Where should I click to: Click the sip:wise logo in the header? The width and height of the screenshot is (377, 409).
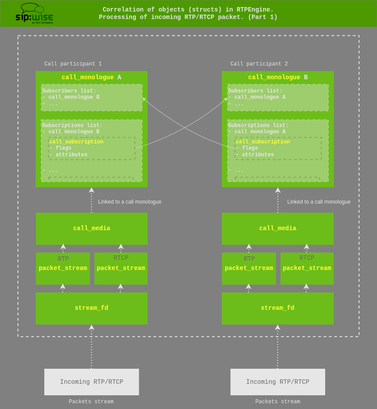tap(35, 13)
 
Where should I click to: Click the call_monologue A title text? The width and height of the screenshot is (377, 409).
tap(91, 77)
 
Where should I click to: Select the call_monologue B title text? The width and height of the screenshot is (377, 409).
tap(278, 77)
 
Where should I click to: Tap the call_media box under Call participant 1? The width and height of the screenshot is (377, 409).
tap(92, 228)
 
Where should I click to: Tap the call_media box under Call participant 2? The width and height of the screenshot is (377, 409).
tap(278, 228)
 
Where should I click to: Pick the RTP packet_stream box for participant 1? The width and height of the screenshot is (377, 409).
tap(63, 268)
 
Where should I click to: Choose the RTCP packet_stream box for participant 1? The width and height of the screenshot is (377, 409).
tap(121, 268)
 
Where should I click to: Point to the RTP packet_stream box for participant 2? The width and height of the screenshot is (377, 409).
tap(249, 268)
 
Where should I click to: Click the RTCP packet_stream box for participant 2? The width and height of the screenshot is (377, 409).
tap(307, 268)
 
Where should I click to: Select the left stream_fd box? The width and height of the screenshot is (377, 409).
tap(91, 308)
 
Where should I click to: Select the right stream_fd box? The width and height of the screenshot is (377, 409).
tap(277, 308)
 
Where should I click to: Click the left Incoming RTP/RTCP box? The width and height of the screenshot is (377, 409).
tap(92, 382)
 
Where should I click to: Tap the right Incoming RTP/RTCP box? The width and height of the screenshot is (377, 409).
tap(278, 382)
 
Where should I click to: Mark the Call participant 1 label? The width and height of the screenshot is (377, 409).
tap(73, 64)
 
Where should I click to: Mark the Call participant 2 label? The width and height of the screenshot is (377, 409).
tap(259, 64)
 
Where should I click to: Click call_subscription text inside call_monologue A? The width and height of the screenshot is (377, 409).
tap(76, 142)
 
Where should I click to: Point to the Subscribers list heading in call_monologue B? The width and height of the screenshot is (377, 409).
tap(255, 91)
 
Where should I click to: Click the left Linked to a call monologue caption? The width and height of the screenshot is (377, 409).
tap(130, 202)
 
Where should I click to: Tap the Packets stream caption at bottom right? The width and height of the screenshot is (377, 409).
tap(278, 402)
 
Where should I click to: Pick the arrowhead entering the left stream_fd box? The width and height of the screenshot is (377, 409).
tap(92, 328)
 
